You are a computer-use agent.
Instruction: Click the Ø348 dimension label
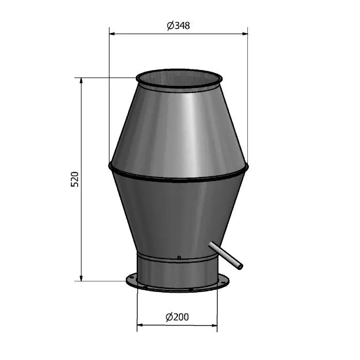click(x=178, y=26)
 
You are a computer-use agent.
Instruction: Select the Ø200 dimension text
click(x=177, y=317)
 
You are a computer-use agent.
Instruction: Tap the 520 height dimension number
click(x=75, y=179)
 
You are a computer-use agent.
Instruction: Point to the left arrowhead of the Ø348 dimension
click(x=112, y=34)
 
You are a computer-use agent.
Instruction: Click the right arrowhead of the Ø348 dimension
click(x=245, y=34)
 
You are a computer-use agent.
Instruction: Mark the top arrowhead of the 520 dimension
click(x=81, y=81)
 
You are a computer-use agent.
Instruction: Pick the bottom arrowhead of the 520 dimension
click(x=81, y=278)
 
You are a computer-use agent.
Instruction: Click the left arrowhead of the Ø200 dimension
click(x=140, y=325)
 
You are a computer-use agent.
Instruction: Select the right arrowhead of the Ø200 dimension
click(x=214, y=325)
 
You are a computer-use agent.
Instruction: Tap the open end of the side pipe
click(x=240, y=266)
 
